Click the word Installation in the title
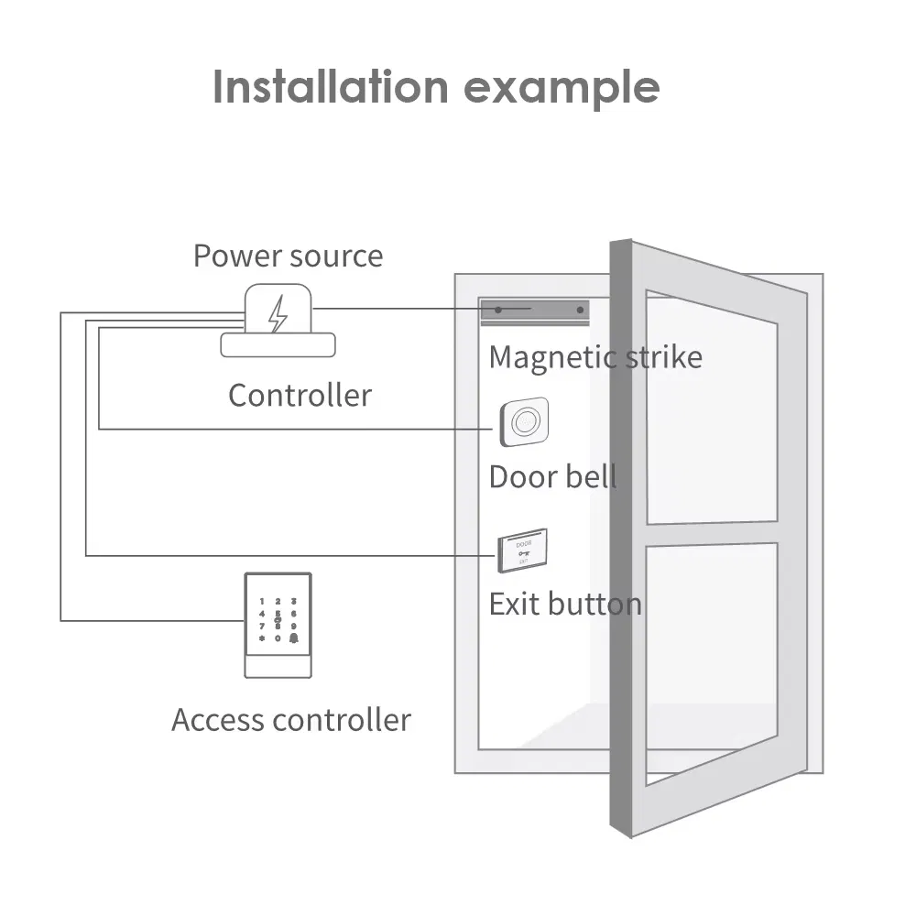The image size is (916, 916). [x=331, y=87]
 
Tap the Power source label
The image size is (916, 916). [x=288, y=256]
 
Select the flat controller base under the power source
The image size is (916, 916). [x=278, y=344]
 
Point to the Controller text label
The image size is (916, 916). [x=300, y=396]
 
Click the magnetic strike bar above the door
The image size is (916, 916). [x=535, y=311]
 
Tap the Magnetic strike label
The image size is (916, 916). [x=595, y=356]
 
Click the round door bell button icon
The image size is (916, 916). [x=524, y=422]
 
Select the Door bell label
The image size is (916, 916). [x=552, y=477]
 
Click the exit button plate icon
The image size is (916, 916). [x=522, y=551]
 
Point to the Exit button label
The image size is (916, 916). [x=564, y=605]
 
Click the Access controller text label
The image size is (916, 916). [x=291, y=720]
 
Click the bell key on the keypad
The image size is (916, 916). [x=294, y=637]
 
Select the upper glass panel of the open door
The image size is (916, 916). [x=712, y=409]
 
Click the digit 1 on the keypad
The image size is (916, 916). [x=262, y=602]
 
